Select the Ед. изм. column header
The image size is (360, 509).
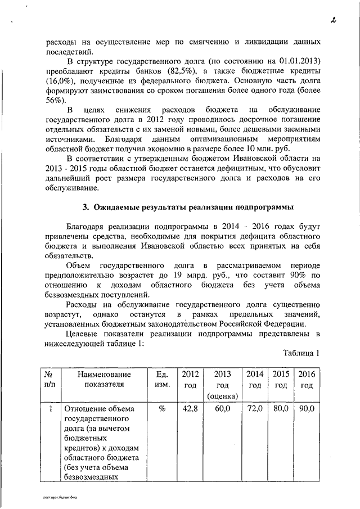point(161,380)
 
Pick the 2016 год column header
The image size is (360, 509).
point(306,380)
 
